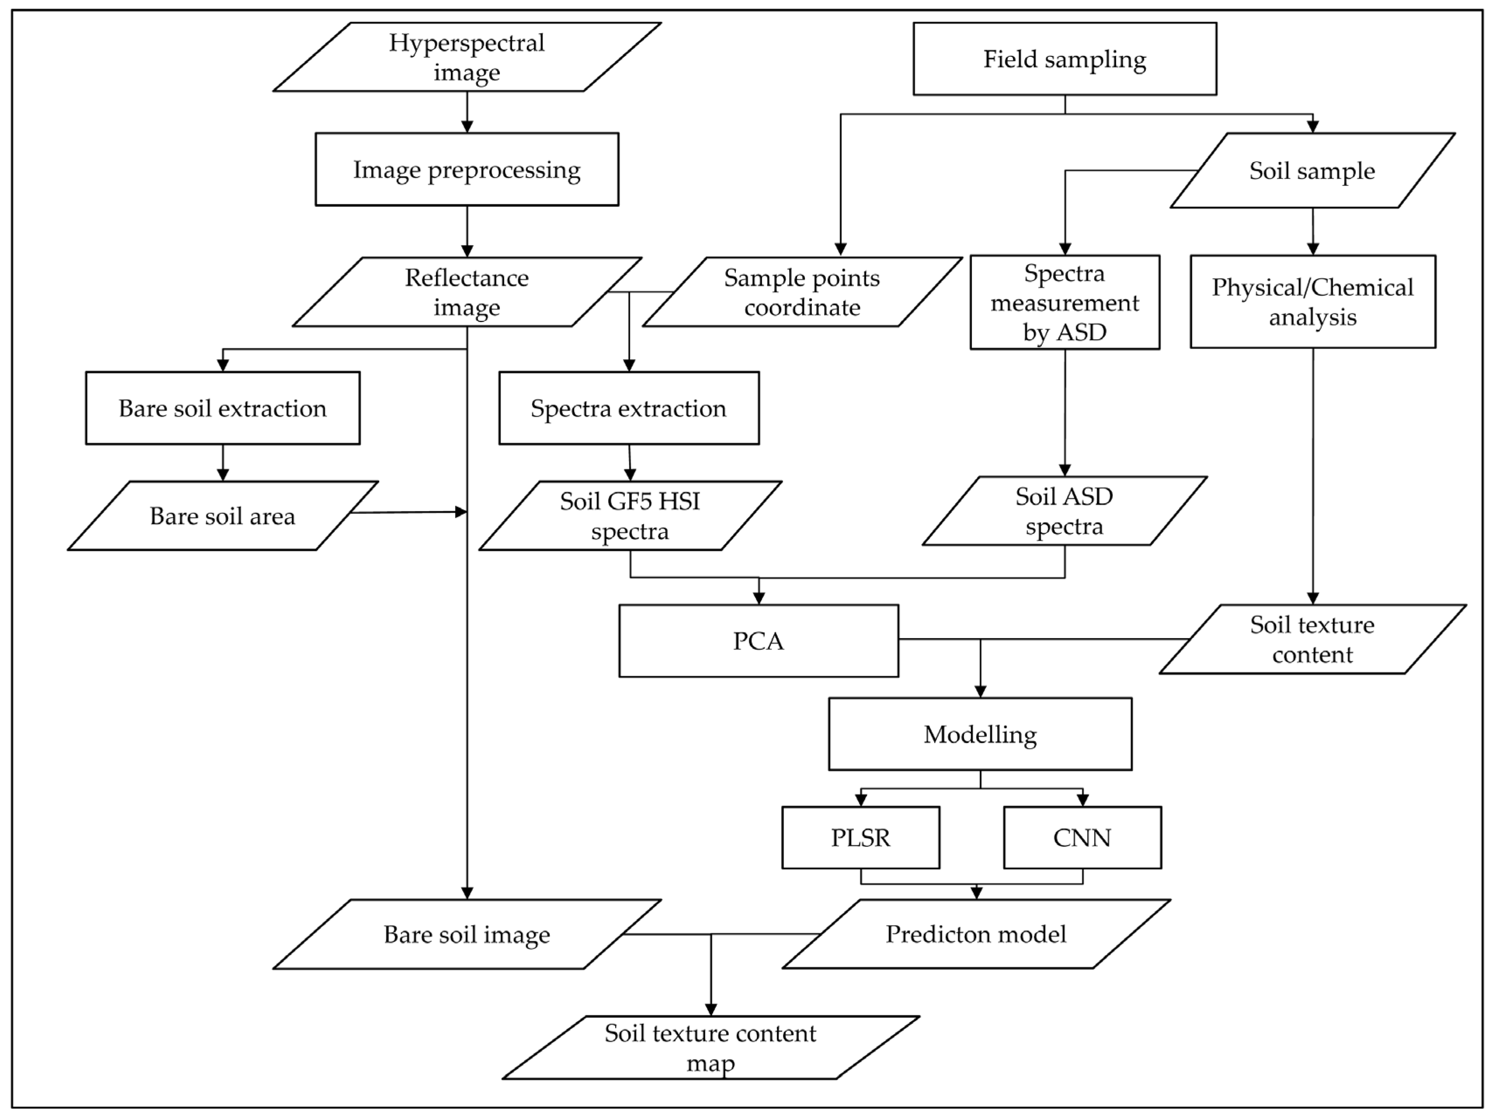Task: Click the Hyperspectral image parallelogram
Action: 467,57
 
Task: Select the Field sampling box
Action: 1064,59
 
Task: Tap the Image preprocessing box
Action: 467,169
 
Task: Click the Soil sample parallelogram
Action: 1312,170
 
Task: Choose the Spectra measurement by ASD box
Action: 1064,302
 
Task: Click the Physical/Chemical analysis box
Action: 1312,302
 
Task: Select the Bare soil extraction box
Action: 222,408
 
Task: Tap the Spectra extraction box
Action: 628,408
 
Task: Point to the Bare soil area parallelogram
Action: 222,516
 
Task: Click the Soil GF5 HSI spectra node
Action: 630,516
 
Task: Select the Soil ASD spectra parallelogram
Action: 1064,511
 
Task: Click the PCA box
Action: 759,640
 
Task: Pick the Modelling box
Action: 980,734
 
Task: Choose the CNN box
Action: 1082,838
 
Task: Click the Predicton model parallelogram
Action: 975,934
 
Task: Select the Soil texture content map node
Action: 710,1048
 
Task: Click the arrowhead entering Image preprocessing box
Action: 467,127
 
